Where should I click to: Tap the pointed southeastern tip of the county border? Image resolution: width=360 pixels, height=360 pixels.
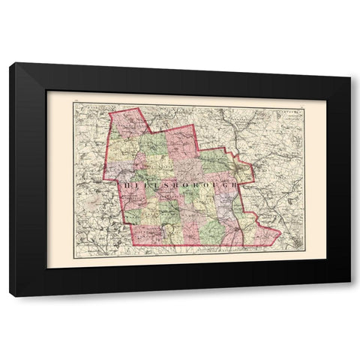(280, 233)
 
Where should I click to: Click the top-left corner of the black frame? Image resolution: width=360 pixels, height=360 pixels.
(10, 64)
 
